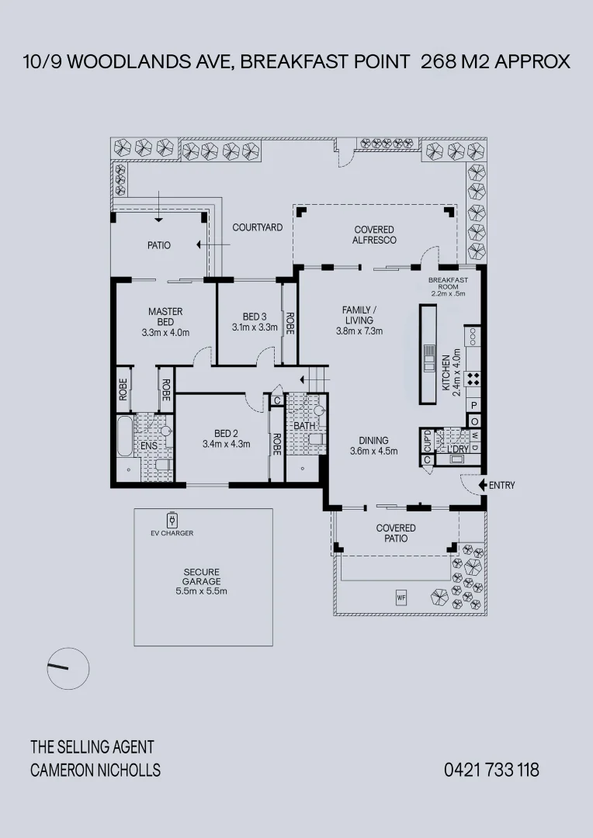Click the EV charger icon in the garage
(x=172, y=519)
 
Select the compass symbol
(x=68, y=667)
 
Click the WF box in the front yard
(x=401, y=597)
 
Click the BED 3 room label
(x=255, y=317)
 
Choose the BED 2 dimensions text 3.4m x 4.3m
(x=225, y=445)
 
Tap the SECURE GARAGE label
(x=202, y=577)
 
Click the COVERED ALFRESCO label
(x=375, y=234)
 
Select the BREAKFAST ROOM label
(x=448, y=283)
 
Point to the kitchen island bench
(x=429, y=354)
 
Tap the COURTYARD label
(x=258, y=227)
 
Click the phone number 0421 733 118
(x=491, y=770)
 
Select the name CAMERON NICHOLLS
(x=95, y=770)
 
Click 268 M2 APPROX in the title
(x=495, y=62)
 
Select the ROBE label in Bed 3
(x=290, y=322)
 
